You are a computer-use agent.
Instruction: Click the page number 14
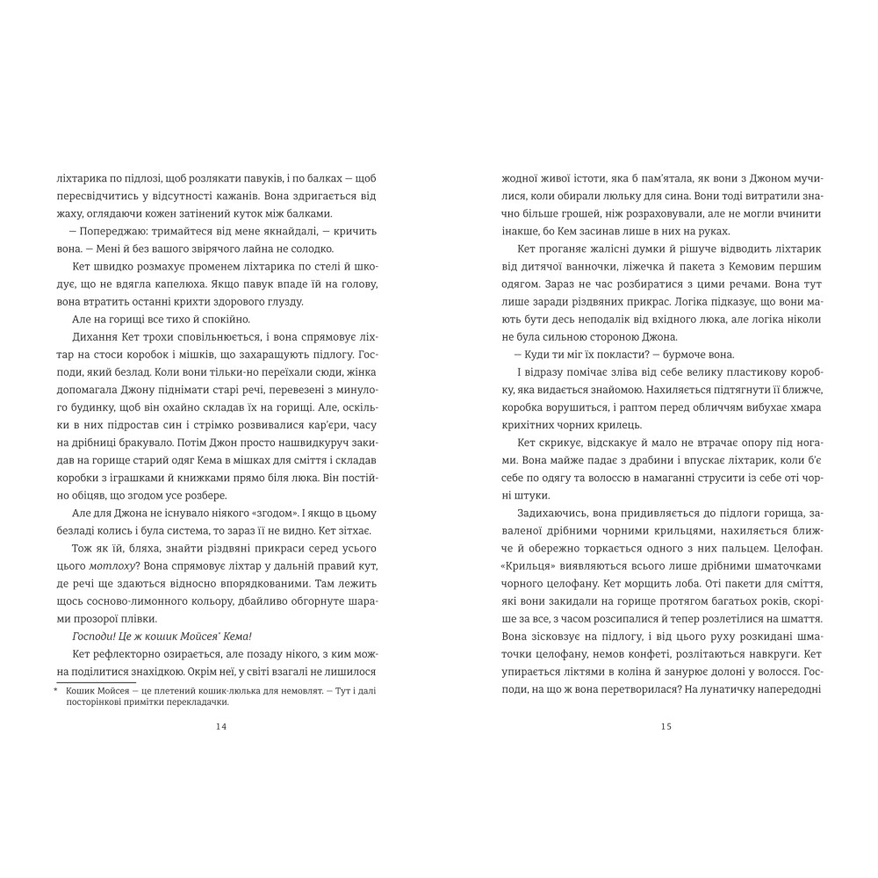click(x=220, y=726)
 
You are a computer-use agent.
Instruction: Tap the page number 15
click(x=665, y=726)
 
